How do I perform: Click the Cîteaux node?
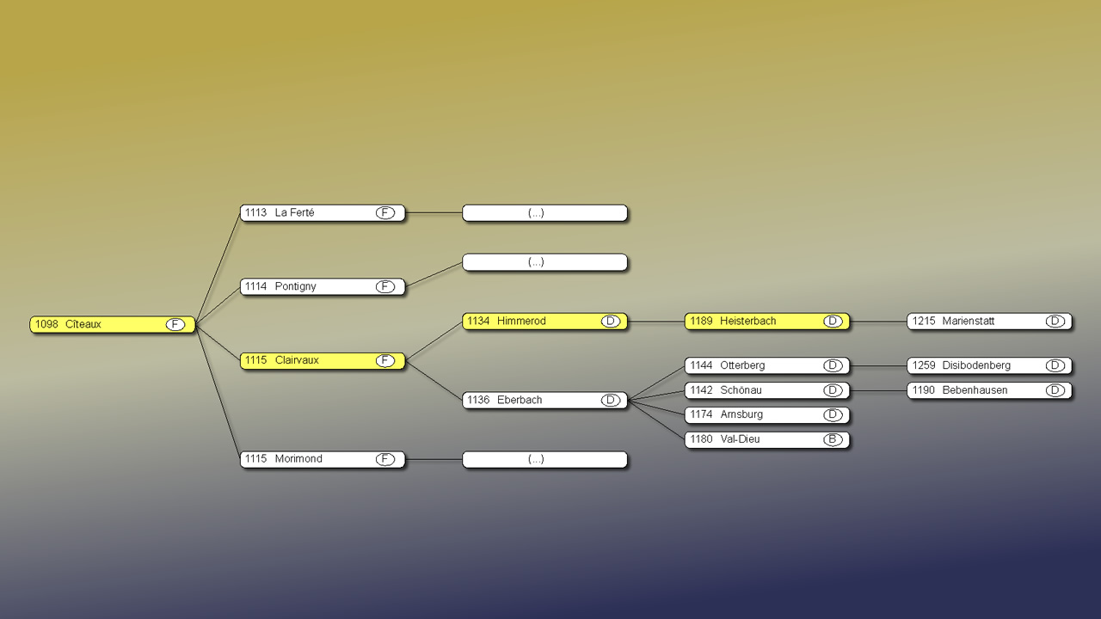(112, 325)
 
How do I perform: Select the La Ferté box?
(322, 213)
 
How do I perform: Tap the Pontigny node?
(322, 287)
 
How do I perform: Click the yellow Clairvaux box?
(322, 361)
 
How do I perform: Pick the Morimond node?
(322, 459)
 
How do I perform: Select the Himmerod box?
(544, 322)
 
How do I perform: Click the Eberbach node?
(544, 401)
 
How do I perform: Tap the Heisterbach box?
(766, 322)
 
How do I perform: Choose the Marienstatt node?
(989, 322)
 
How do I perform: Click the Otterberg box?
(766, 366)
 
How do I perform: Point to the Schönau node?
(766, 390)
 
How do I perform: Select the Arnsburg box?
(766, 415)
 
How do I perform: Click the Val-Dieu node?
(766, 439)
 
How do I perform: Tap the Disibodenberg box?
(989, 366)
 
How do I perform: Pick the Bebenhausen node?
(989, 390)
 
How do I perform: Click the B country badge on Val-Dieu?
(832, 439)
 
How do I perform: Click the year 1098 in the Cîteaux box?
(46, 325)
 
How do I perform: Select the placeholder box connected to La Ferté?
(544, 213)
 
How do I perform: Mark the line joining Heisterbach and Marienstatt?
(878, 322)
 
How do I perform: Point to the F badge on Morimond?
(385, 459)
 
